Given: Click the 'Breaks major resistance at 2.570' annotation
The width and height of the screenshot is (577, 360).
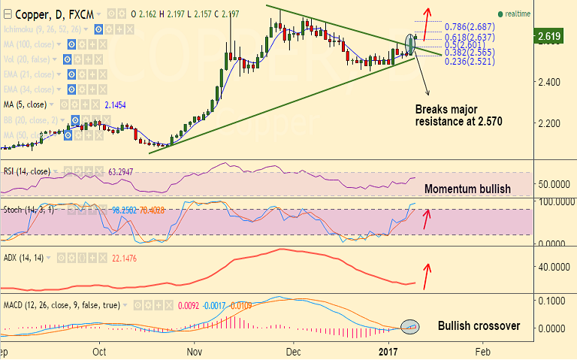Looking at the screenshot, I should (x=458, y=114).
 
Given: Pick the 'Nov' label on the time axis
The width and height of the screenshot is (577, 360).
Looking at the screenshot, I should (x=195, y=351).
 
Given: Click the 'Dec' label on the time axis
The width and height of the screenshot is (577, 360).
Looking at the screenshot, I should (x=293, y=351).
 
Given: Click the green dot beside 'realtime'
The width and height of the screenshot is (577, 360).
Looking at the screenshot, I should (x=500, y=14).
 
